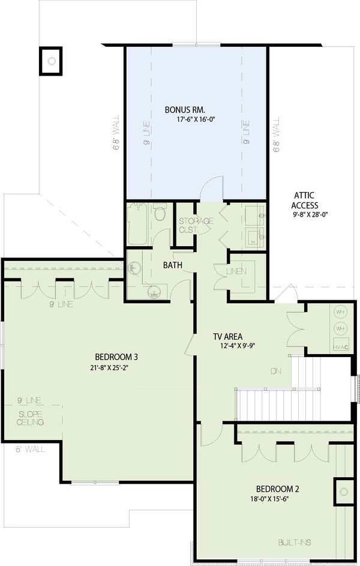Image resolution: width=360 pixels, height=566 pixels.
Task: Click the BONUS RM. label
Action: (x=185, y=110)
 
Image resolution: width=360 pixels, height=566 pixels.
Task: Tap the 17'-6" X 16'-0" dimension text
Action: (x=196, y=120)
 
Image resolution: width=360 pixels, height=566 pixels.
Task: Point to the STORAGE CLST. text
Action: (x=196, y=225)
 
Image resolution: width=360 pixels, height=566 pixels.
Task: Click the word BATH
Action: (x=173, y=264)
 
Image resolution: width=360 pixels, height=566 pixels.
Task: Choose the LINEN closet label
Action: (x=236, y=272)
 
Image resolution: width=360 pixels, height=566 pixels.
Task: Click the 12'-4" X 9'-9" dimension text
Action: (x=239, y=346)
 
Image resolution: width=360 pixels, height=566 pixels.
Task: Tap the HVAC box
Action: (x=341, y=347)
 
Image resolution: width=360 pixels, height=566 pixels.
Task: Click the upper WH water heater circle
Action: (x=340, y=312)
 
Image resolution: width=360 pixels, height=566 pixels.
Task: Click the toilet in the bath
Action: (x=160, y=213)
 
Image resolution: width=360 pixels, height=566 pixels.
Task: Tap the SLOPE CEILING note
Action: (x=31, y=418)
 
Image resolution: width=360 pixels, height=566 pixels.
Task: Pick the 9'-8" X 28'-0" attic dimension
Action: (x=311, y=214)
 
